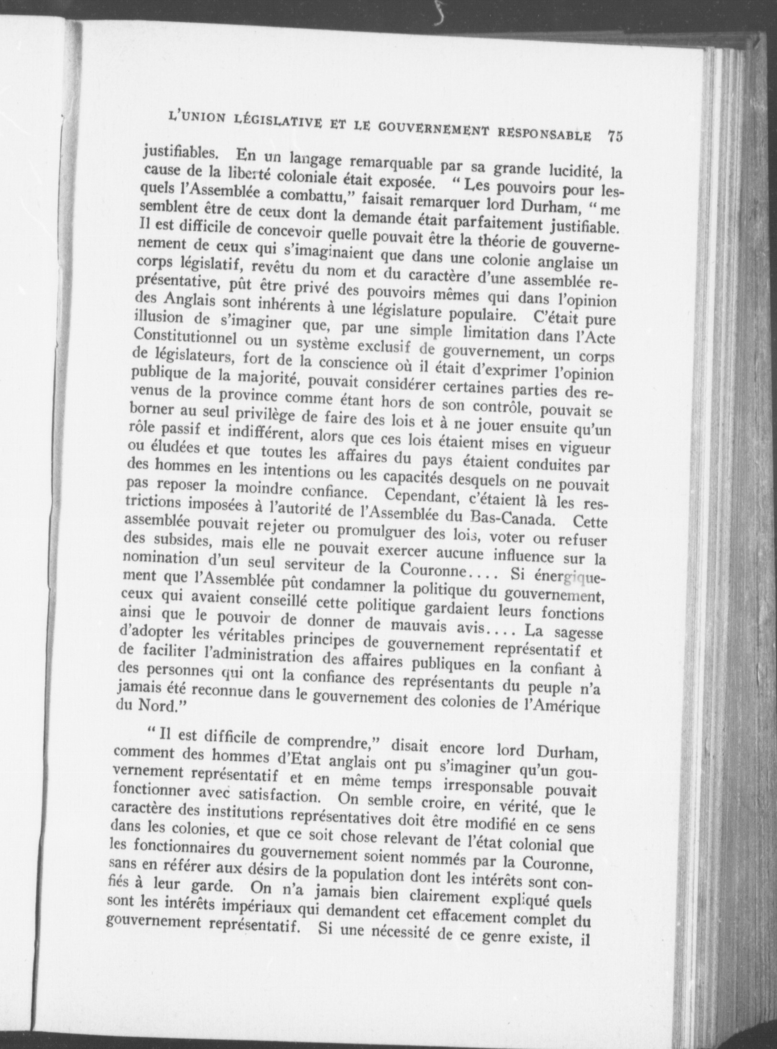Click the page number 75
click(x=615, y=136)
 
